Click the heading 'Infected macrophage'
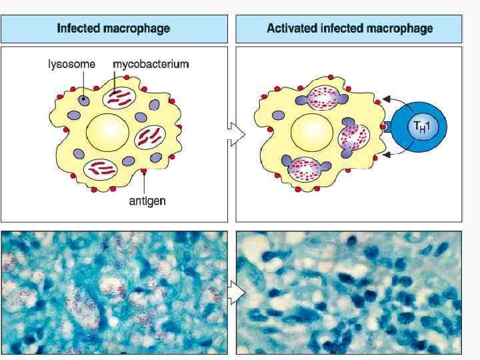(x=113, y=29)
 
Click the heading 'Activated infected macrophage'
(x=349, y=29)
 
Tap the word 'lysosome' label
(x=71, y=65)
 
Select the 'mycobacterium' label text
(x=151, y=65)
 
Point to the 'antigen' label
(x=147, y=200)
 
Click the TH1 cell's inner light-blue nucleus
(x=419, y=126)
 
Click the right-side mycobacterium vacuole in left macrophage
(x=149, y=137)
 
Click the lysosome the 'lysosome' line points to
(x=85, y=100)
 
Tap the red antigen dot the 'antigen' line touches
(x=144, y=174)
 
